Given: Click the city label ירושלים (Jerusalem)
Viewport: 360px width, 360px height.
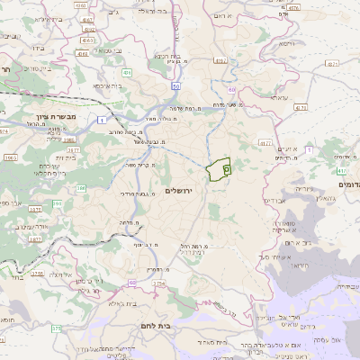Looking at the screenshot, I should click(x=180, y=190).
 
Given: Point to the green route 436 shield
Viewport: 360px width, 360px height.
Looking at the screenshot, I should click(x=128, y=72).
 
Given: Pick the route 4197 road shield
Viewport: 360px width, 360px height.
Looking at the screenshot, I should click(x=221, y=61).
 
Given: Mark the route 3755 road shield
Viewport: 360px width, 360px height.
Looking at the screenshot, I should click(x=37, y=274).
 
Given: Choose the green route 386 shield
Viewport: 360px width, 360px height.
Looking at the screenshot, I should click(x=81, y=188).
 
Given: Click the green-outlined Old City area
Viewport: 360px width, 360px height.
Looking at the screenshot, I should click(x=218, y=169).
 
